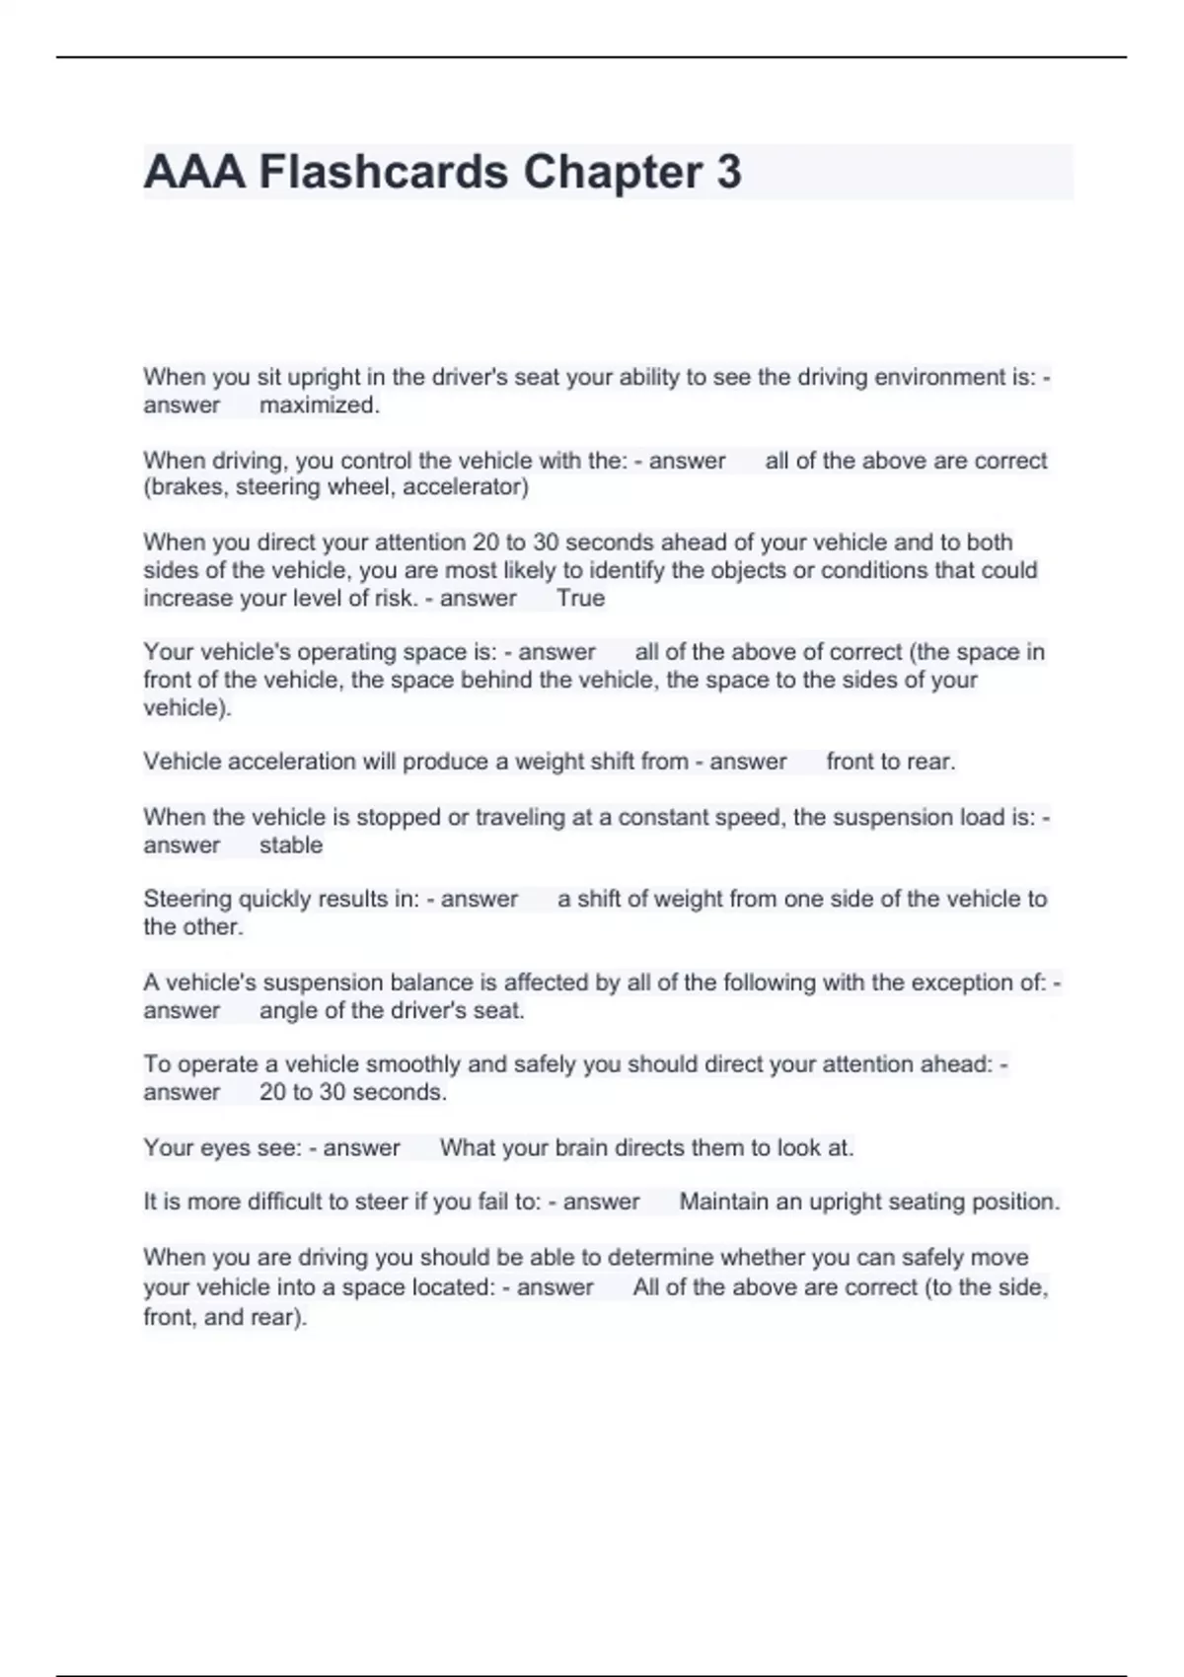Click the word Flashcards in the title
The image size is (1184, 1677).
(383, 173)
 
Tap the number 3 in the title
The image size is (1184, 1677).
(728, 173)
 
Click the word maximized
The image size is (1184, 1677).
(319, 404)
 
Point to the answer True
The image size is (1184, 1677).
(580, 598)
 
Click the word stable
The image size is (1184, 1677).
(291, 844)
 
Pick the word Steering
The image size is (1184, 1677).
(185, 899)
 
